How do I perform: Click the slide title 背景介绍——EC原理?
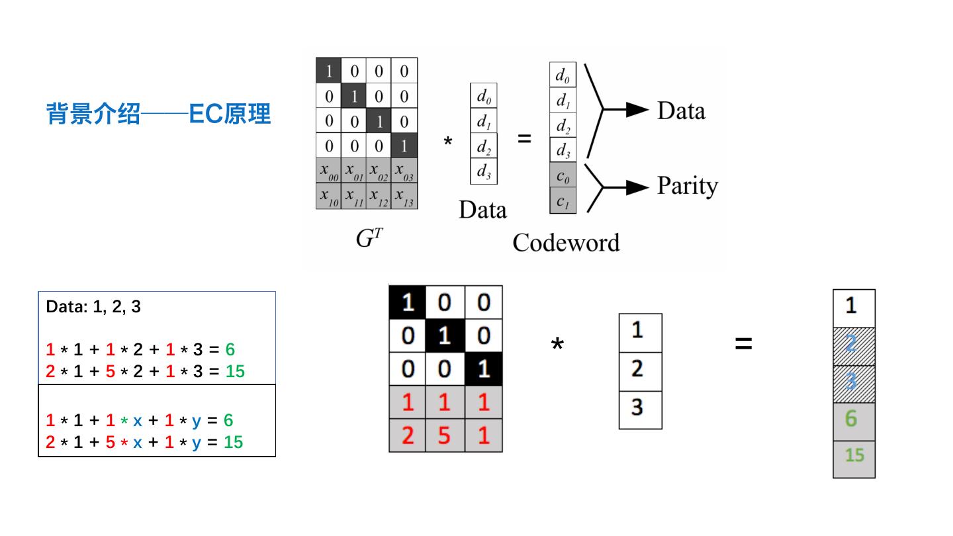(159, 114)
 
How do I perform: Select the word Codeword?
(566, 243)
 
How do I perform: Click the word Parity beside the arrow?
(687, 186)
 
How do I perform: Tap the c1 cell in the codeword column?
(563, 201)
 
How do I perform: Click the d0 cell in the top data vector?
(484, 96)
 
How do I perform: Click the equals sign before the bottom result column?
(743, 344)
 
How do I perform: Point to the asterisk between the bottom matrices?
(557, 345)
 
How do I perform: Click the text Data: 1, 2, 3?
(93, 308)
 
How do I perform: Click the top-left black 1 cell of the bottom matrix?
(408, 302)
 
